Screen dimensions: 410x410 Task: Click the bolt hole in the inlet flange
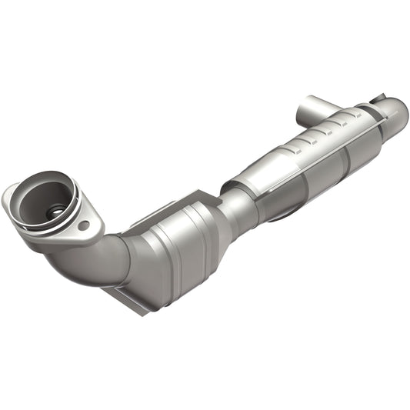[x=83, y=226]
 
